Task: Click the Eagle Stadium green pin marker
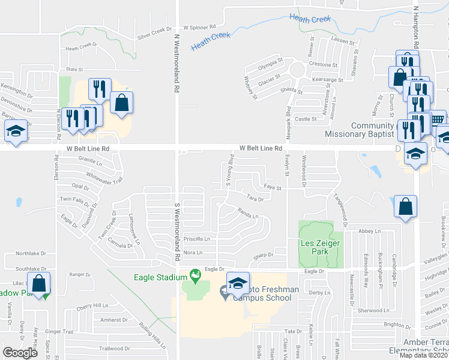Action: [x=195, y=276]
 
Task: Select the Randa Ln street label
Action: [x=247, y=213]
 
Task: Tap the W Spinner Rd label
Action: [x=200, y=28]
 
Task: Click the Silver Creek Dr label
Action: [x=154, y=32]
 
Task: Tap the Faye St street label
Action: [x=273, y=188]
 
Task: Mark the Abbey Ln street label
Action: [x=370, y=231]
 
